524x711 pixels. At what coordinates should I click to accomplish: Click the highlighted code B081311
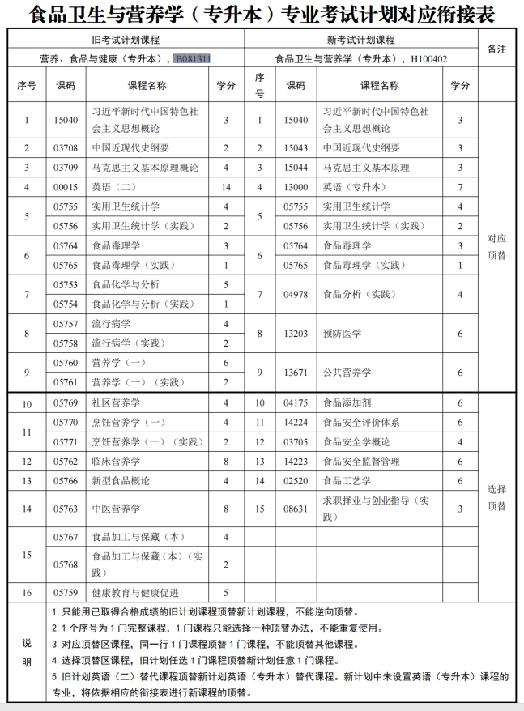click(192, 59)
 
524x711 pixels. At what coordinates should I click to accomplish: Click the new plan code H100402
click(428, 59)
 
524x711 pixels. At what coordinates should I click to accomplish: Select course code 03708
click(66, 148)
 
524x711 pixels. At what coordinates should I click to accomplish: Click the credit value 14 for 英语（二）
click(226, 187)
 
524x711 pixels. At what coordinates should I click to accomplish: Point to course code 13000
click(296, 187)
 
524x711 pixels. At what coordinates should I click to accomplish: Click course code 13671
click(296, 372)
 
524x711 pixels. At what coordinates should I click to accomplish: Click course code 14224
click(296, 422)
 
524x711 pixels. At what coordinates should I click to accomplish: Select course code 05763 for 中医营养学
click(66, 509)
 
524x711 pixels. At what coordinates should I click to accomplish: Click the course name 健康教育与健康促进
click(135, 592)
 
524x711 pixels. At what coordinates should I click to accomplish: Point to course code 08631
click(296, 509)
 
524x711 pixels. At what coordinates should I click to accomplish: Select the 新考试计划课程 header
click(360, 39)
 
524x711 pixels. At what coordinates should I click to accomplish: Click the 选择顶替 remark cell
click(496, 497)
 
